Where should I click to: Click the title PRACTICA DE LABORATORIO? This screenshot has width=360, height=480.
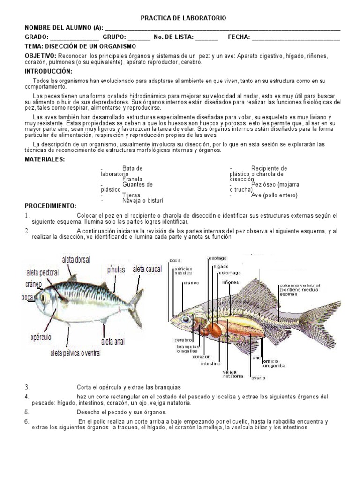183,18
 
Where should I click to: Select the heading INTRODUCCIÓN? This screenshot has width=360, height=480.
48,71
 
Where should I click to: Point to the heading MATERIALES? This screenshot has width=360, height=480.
45,159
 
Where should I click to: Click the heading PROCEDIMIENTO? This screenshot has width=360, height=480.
50,206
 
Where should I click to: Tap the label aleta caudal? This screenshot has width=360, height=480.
147,269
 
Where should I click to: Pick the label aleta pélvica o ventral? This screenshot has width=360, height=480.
75,353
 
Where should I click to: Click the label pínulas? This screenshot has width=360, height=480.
116,270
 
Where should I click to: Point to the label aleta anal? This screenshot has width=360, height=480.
113,341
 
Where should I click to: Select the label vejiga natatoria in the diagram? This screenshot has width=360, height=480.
233,374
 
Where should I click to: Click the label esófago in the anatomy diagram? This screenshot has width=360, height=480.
217,258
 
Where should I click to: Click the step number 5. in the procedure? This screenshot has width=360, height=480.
27,412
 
